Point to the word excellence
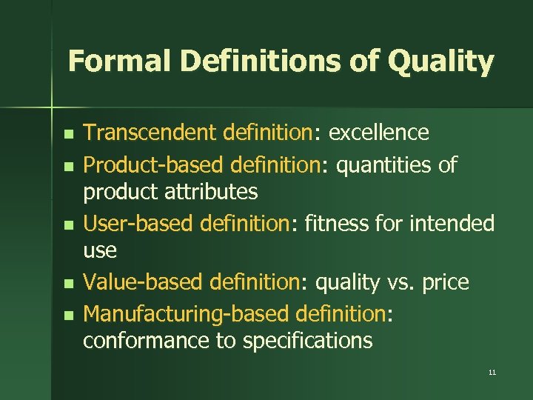[378, 133]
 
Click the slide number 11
[492, 372]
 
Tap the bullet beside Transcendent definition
[68, 135]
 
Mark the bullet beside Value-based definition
[68, 284]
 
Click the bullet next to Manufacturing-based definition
[68, 315]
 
